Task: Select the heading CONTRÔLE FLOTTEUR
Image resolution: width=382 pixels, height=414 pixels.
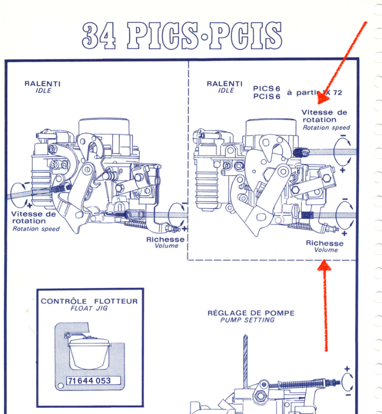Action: point(89,301)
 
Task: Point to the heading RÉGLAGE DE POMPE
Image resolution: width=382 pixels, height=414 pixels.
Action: point(251,313)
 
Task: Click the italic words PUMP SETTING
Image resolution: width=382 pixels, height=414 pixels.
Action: point(247,320)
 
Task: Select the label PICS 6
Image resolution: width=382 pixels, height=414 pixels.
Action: point(267,88)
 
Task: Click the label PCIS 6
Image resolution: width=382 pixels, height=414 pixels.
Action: point(267,96)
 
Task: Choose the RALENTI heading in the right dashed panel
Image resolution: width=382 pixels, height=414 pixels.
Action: point(225,83)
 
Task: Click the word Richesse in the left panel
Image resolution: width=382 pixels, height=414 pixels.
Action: point(165,239)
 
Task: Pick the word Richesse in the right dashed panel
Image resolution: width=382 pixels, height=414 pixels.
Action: point(325,243)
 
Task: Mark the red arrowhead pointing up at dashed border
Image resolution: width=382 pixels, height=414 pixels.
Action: point(324,265)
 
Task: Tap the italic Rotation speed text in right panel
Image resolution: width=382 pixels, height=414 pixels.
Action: point(326,127)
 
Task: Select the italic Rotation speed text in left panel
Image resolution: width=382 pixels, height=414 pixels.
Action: point(36,228)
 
